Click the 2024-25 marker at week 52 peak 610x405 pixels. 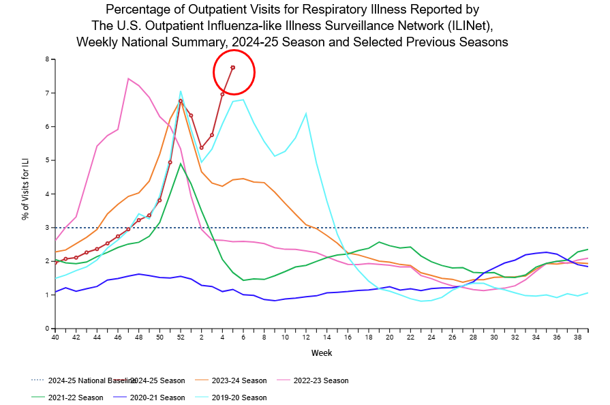(x=181, y=101)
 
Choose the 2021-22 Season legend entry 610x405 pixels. (x=69, y=397)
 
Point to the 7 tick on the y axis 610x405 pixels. (x=47, y=93)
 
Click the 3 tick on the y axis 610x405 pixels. (x=47, y=228)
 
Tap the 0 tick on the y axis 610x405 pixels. (x=47, y=329)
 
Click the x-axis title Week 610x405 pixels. (x=322, y=353)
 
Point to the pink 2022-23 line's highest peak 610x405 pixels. (x=128, y=78)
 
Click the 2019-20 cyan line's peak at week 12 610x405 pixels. (x=306, y=113)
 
